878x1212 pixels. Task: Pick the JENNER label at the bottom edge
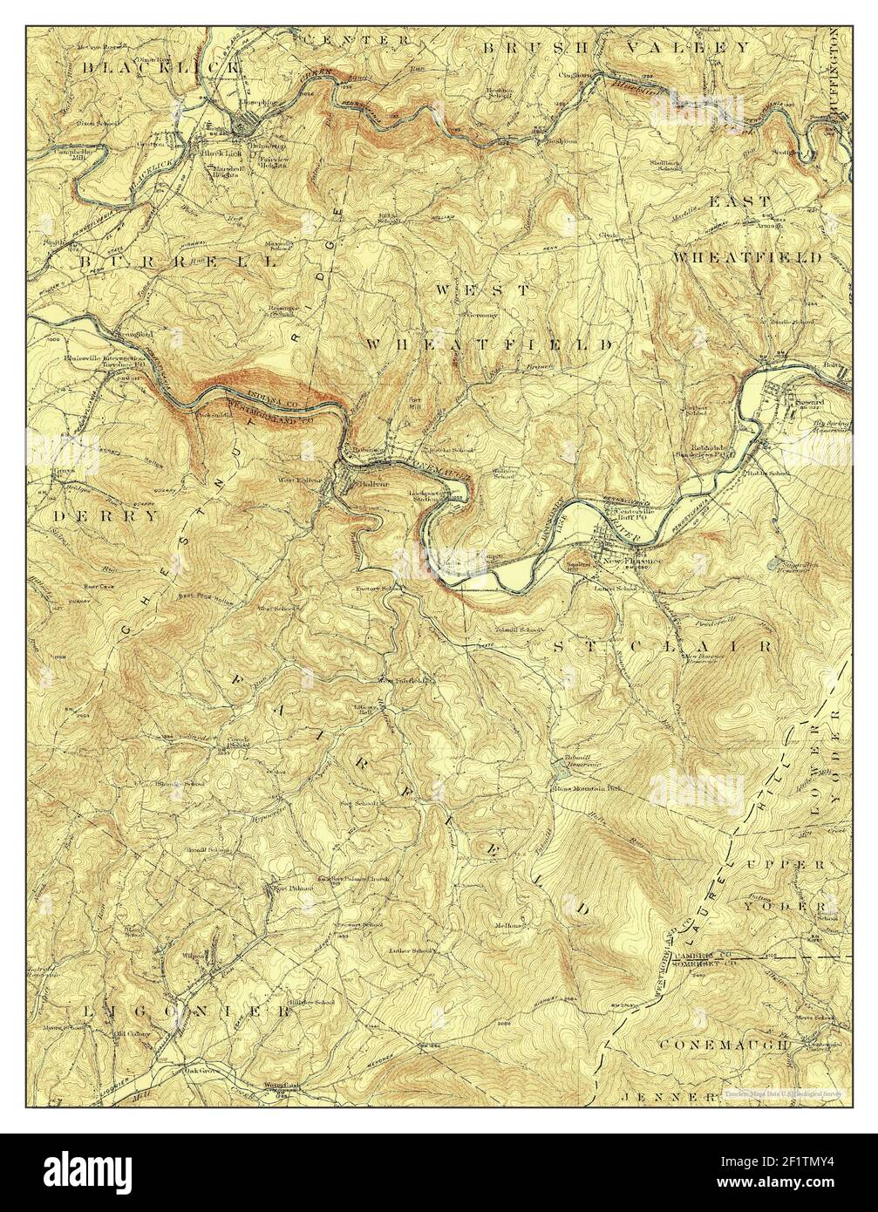668,1093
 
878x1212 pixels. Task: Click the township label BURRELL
179,261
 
